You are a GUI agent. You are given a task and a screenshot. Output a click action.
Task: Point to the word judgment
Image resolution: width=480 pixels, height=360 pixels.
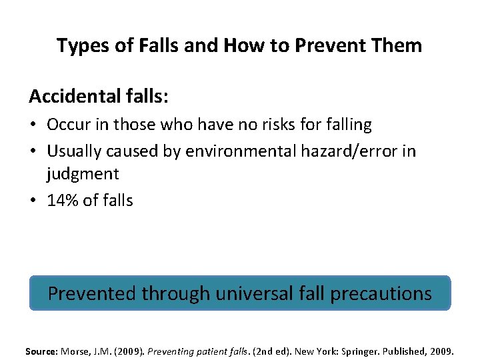coord(83,174)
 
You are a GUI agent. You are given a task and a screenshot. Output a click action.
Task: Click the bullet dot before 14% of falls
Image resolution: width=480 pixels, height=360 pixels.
coord(33,200)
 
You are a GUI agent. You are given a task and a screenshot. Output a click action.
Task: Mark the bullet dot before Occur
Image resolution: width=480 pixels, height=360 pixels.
coord(33,125)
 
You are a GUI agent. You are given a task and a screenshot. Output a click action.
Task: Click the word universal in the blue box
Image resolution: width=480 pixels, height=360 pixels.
coord(255,293)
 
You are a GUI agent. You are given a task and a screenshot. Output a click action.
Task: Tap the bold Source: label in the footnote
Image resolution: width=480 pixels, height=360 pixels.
coord(41,351)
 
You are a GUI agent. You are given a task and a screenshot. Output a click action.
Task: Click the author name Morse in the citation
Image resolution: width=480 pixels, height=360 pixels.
coord(74,351)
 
